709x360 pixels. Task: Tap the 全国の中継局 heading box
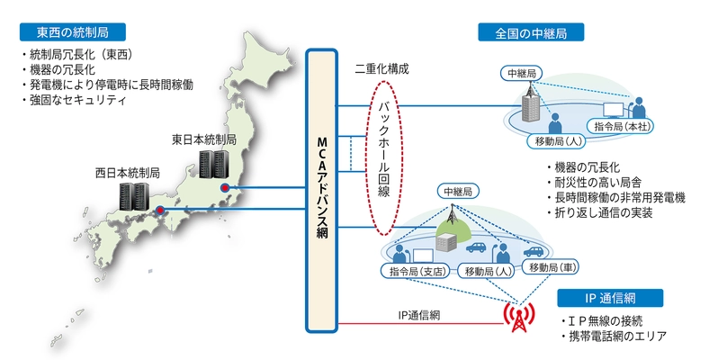click(x=530, y=33)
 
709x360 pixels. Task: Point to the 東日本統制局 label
click(x=204, y=140)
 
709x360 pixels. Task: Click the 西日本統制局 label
click(x=128, y=172)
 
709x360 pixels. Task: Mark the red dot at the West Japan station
click(x=159, y=211)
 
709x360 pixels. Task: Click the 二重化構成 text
click(x=382, y=68)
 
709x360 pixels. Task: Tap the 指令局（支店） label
click(x=416, y=269)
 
